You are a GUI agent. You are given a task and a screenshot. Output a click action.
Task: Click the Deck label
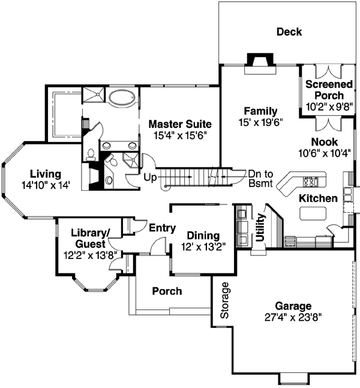click(x=289, y=32)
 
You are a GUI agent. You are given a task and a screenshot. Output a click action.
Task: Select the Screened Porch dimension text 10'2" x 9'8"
click(x=325, y=107)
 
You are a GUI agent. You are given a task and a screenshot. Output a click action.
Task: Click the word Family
click(x=260, y=111)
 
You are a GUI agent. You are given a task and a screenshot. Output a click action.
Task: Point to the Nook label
click(x=325, y=142)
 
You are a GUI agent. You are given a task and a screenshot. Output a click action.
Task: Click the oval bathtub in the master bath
click(x=123, y=97)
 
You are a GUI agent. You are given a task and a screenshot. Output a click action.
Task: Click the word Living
click(x=46, y=174)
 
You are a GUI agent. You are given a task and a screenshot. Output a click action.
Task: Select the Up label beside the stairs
click(x=150, y=178)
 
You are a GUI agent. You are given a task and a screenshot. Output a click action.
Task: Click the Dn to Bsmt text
click(x=260, y=178)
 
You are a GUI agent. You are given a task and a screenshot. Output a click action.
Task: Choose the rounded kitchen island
click(x=313, y=213)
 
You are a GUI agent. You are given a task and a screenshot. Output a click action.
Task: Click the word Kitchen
click(x=318, y=198)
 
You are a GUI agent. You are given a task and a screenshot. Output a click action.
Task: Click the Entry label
click(x=162, y=227)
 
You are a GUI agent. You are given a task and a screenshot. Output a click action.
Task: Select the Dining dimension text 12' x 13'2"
click(x=202, y=246)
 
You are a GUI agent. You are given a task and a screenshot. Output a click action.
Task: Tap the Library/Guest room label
click(x=89, y=238)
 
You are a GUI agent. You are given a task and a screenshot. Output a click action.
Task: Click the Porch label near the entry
click(x=167, y=291)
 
